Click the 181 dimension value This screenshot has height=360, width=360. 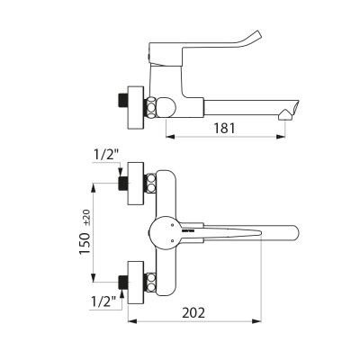(224, 128)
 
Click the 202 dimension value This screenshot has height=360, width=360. (193, 312)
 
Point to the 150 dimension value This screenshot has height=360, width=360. (85, 244)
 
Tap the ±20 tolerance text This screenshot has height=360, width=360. (87, 218)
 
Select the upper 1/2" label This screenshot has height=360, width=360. (105, 155)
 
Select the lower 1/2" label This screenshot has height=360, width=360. (103, 301)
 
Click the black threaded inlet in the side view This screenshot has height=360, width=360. (123, 101)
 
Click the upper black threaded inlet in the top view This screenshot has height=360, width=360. (123, 184)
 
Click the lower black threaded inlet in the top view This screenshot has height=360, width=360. (123, 283)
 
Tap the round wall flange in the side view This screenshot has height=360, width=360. (136, 108)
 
